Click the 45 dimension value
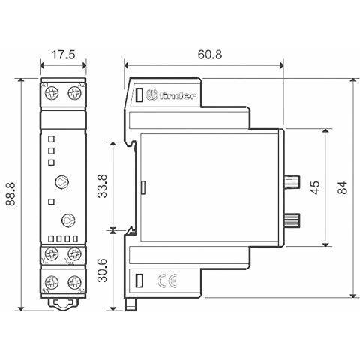point(315,187)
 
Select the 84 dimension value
point(343,187)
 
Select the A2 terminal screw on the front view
point(73,93)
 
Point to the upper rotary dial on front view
point(62,181)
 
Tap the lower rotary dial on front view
point(67,220)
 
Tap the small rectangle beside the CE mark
point(139,281)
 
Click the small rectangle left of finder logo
point(139,95)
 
